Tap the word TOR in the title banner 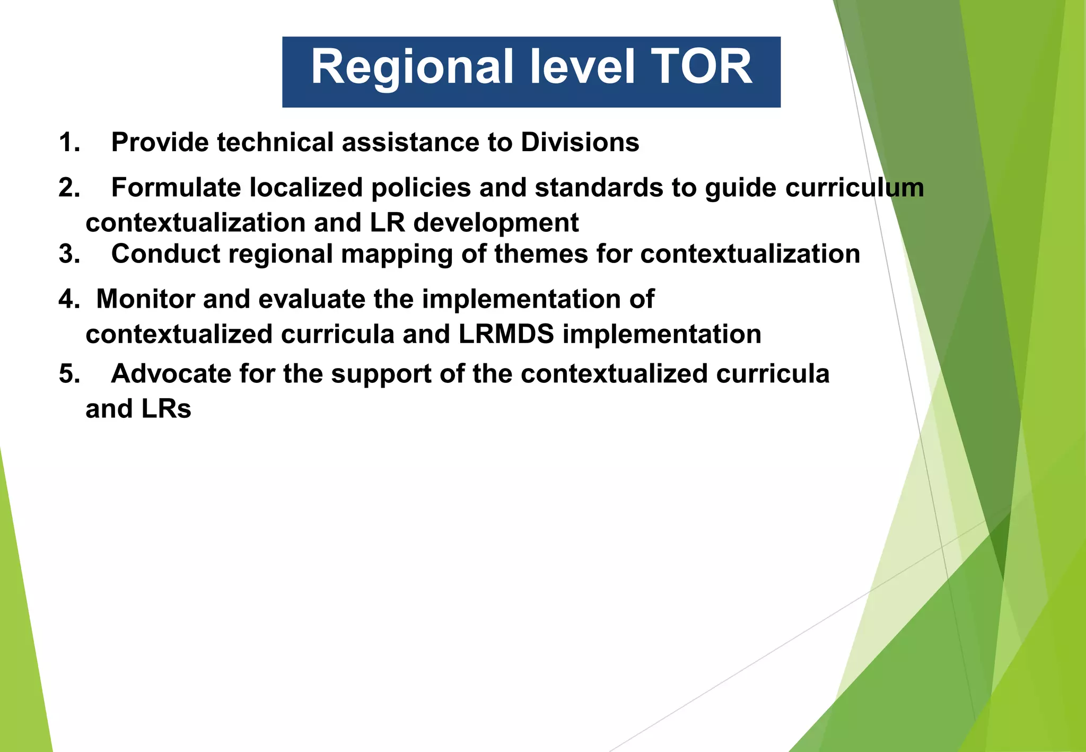point(703,67)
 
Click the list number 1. point(69,143)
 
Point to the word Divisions point(580,143)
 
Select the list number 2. point(69,188)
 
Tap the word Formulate point(176,188)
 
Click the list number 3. point(69,254)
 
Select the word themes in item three point(541,254)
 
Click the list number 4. point(69,300)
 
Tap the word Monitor point(145,300)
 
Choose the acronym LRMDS point(506,335)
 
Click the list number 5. point(69,374)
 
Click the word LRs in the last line point(166,409)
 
